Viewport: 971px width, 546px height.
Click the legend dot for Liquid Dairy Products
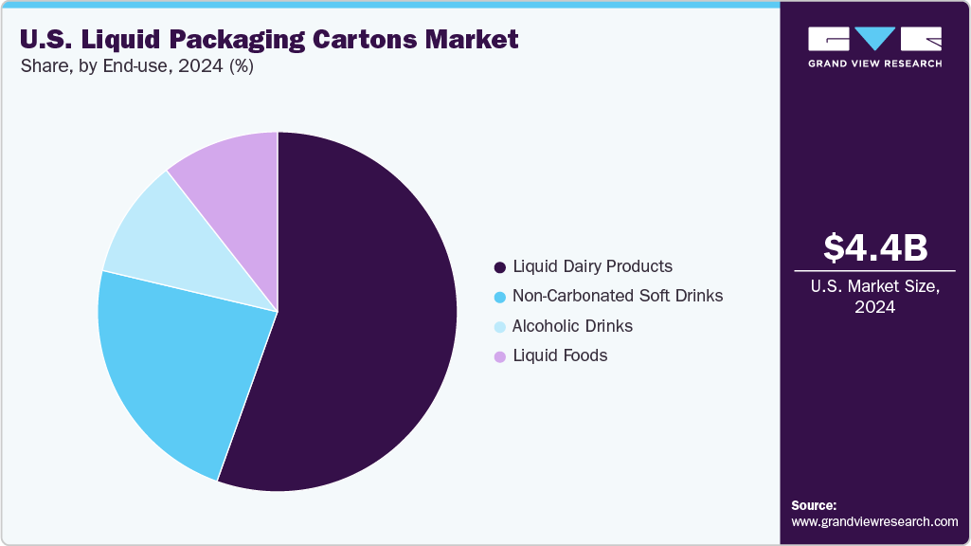point(499,266)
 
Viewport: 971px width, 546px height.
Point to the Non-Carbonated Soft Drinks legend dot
point(499,297)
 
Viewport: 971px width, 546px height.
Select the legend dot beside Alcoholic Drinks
point(499,327)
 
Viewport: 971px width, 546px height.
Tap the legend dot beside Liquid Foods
point(499,356)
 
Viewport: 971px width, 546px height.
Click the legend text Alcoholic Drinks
point(572,326)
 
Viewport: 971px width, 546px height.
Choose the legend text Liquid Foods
point(559,355)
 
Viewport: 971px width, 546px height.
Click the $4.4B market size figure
point(874,247)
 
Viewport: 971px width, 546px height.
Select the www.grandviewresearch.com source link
point(874,521)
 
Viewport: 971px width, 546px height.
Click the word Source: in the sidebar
point(814,505)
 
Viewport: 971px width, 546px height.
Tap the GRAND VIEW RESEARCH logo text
point(874,64)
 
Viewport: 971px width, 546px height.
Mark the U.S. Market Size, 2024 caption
point(874,296)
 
